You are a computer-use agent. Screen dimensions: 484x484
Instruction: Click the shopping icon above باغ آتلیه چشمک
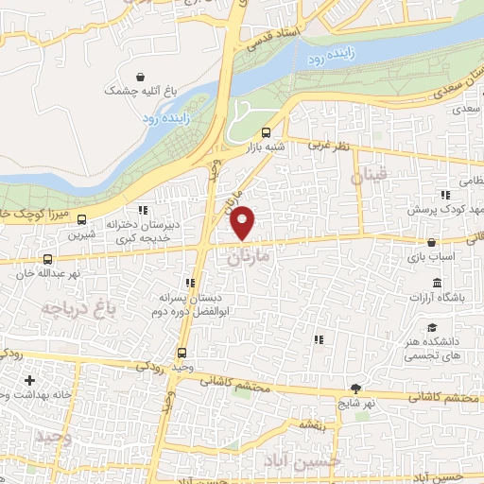tap(141, 76)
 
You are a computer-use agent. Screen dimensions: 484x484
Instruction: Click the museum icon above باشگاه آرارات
tap(436, 283)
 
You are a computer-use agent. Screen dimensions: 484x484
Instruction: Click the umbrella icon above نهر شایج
tap(355, 388)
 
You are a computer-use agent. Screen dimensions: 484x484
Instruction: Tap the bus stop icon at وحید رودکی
tap(180, 353)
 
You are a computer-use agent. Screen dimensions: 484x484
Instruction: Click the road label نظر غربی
tap(333, 147)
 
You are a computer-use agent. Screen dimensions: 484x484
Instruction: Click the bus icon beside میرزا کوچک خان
tap(80, 216)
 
